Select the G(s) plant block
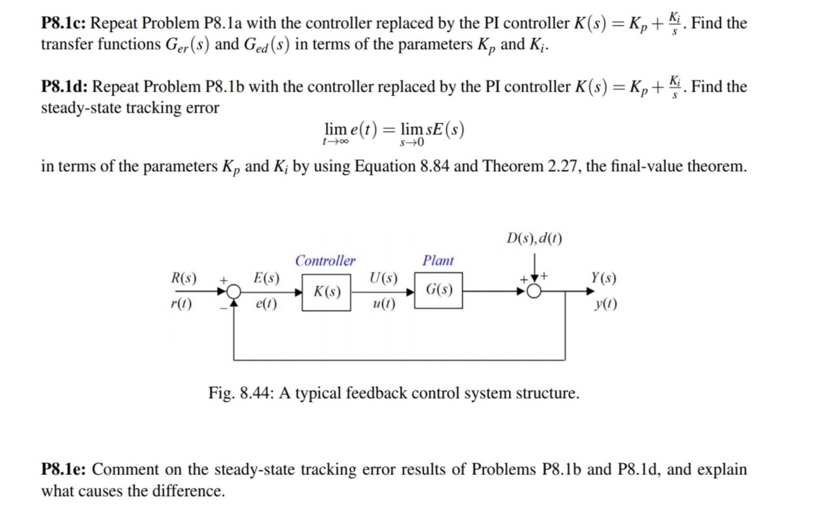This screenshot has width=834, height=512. coord(439,291)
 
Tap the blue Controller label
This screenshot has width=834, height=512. coord(325,261)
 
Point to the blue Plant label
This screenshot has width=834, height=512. coord(439,261)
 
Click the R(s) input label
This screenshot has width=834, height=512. coord(184,278)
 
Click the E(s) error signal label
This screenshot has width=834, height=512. coord(266,279)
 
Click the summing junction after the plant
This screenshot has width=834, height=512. coord(534,291)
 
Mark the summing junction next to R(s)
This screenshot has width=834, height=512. coord(234,291)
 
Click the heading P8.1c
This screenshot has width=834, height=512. coord(65,24)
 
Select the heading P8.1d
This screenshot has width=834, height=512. coord(66,87)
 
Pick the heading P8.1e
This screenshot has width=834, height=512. coord(65,470)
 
